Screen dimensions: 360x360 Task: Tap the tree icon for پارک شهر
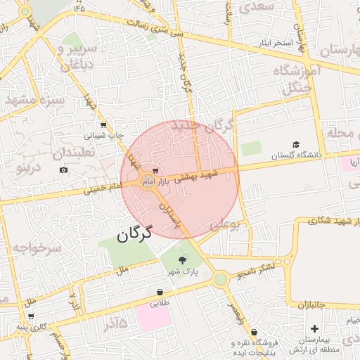184,259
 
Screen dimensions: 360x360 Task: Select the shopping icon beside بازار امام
155,170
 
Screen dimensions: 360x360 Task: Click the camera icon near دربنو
64,169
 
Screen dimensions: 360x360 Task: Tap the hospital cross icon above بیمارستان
314,329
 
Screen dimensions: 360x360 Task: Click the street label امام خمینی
103,188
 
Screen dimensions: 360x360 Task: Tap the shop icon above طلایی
160,292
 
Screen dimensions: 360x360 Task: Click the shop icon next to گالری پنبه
30,316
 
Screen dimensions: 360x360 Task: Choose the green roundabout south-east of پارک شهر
221,280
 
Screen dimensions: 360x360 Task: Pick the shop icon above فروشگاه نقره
254,332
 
